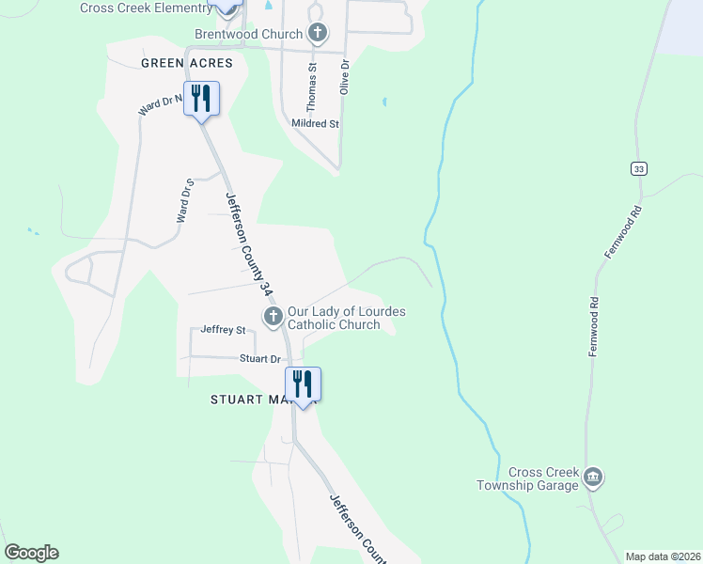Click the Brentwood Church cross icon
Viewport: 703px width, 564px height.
318,34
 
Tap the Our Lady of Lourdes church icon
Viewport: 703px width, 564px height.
273,316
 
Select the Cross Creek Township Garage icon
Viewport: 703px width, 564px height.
593,478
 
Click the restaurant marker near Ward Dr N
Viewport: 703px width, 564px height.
201,98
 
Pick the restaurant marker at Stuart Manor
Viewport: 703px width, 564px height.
303,384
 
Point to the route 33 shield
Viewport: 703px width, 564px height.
639,168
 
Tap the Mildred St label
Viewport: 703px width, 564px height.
315,123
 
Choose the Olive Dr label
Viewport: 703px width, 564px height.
345,76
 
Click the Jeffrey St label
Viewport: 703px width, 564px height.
223,330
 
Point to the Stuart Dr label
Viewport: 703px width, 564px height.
260,359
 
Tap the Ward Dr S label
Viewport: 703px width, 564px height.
184,199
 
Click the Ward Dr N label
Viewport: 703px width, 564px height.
160,103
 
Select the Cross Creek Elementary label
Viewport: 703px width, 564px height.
146,8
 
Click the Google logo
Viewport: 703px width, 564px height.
31,553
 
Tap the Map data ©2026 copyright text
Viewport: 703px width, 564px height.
663,556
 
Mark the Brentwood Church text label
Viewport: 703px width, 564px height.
250,34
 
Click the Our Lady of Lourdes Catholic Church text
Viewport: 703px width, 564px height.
346,318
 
